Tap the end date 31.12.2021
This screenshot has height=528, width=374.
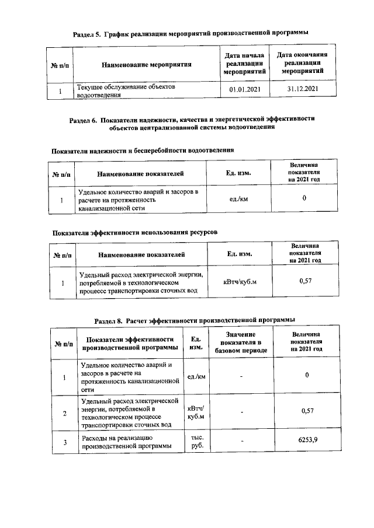click(303, 89)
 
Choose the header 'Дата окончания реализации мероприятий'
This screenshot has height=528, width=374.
click(303, 63)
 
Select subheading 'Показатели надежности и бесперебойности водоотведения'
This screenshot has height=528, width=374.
click(144, 150)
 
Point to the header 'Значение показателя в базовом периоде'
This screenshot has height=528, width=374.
click(241, 342)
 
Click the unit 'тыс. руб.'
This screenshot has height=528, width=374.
click(194, 442)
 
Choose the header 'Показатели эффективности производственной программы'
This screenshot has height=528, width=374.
click(129, 343)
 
